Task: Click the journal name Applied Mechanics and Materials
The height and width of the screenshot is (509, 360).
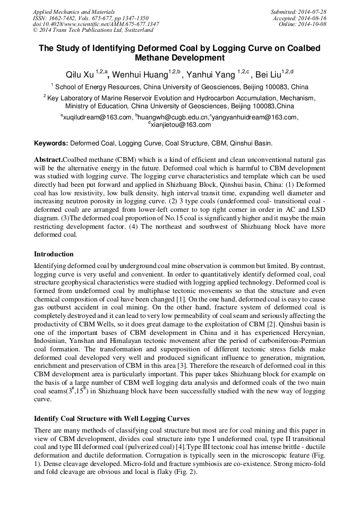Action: pos(73,12)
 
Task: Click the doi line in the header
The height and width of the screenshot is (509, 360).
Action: pos(96,24)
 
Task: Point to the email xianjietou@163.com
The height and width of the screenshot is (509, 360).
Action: pos(181,125)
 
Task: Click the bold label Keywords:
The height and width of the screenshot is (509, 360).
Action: pos(51,143)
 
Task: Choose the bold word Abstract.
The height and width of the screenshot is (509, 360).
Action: pos(48,160)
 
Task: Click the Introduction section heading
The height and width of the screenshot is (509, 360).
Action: pos(54,254)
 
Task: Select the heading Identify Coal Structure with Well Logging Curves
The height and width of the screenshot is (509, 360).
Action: pos(112,419)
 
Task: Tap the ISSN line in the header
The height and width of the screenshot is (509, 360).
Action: pos(90,18)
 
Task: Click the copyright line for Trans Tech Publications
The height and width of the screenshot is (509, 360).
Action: pos(93,31)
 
